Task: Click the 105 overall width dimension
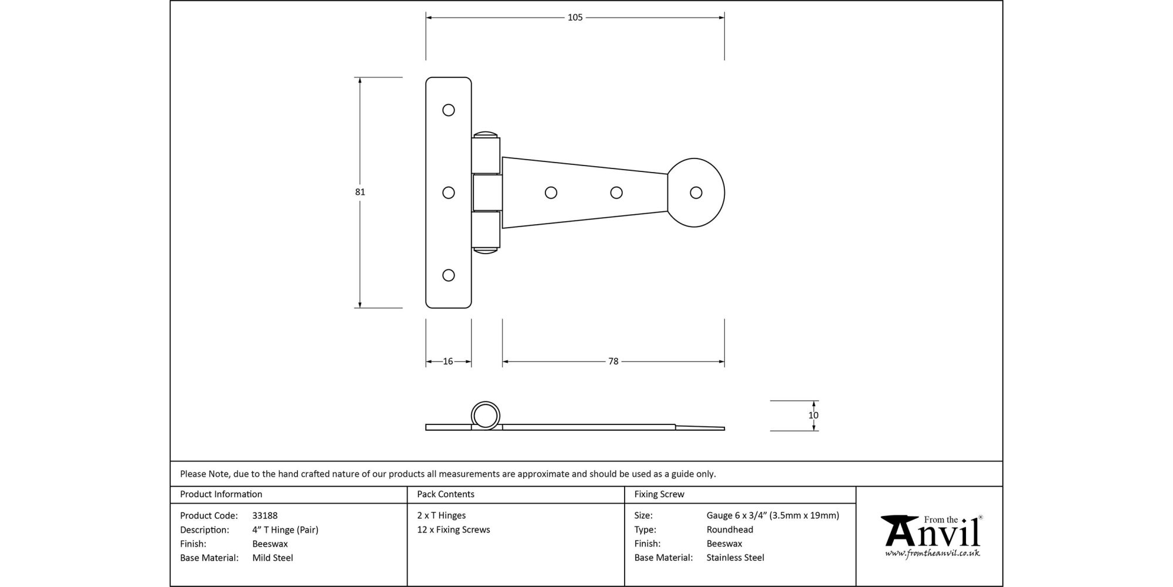coord(575,18)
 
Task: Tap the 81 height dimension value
coord(360,192)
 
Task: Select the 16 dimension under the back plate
coord(448,362)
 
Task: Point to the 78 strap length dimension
coord(613,362)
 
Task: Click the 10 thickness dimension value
coord(813,416)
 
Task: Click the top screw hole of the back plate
coord(449,110)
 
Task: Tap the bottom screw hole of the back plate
coord(449,275)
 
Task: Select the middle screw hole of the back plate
coord(449,193)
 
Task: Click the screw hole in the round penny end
coord(696,193)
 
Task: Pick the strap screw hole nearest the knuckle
coord(551,193)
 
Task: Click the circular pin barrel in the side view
coord(485,416)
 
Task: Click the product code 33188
coord(265,516)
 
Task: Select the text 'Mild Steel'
coord(272,558)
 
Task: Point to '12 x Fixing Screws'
coord(453,530)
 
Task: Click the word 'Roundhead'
coord(730,530)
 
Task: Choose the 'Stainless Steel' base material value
coord(735,558)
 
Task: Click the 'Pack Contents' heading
coord(445,494)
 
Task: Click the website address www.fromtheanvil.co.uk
coord(932,554)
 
